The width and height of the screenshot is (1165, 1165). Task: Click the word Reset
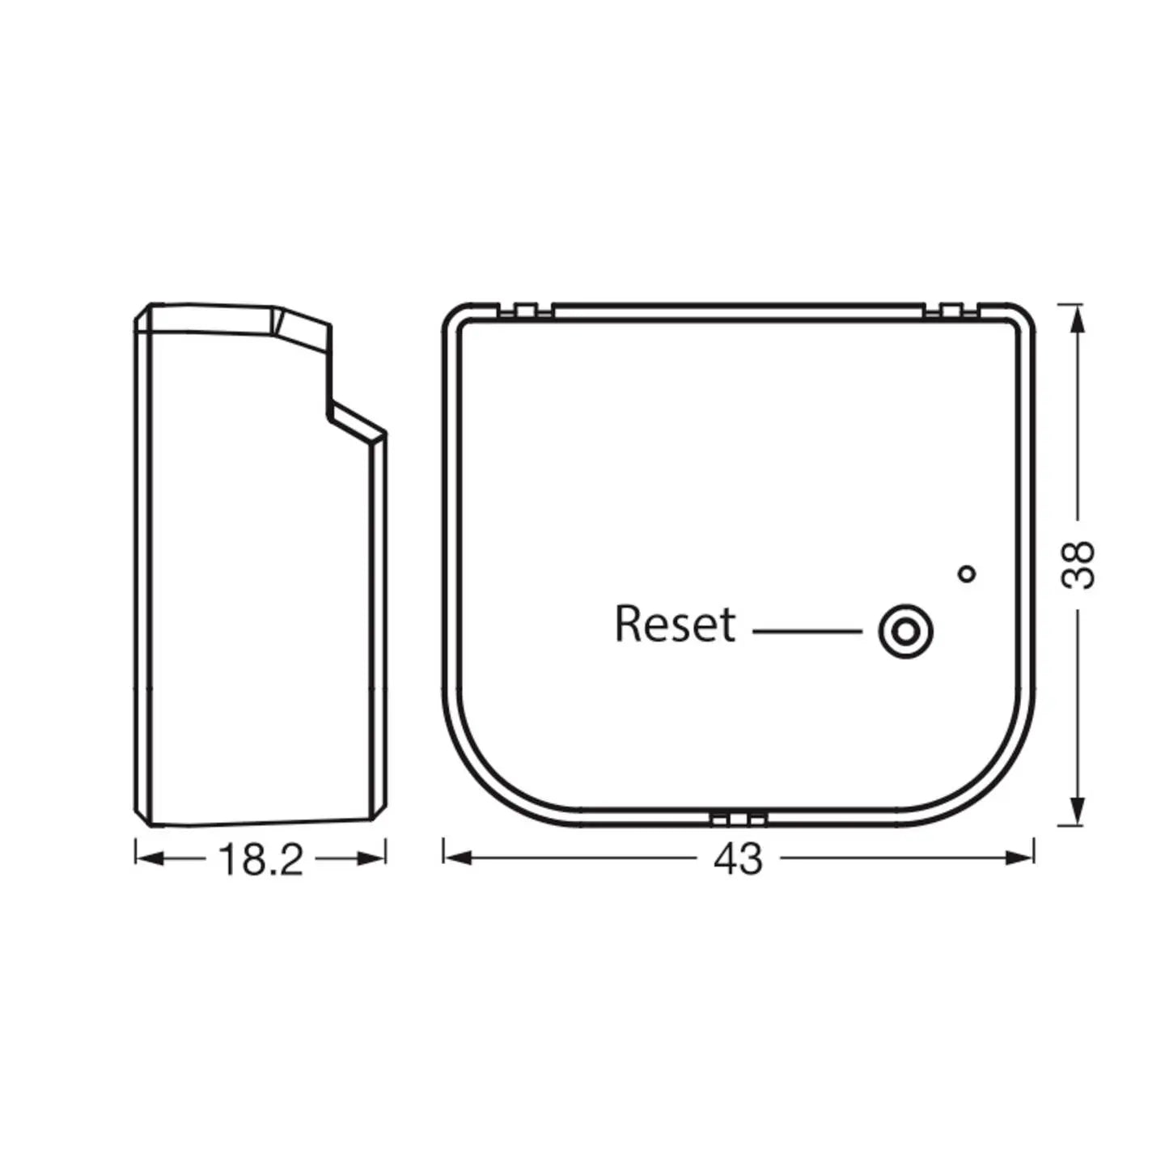click(675, 623)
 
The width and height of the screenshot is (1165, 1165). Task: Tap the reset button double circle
click(905, 632)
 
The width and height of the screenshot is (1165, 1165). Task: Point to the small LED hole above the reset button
click(968, 574)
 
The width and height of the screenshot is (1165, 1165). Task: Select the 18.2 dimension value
click(261, 859)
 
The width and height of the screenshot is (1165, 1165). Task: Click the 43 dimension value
click(738, 858)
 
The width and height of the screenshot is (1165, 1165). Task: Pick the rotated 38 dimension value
click(1078, 565)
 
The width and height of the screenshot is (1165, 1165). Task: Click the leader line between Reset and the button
click(807, 632)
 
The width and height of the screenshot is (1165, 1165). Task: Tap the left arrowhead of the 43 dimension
click(457, 858)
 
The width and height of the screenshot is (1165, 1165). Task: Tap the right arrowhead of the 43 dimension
click(1020, 858)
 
